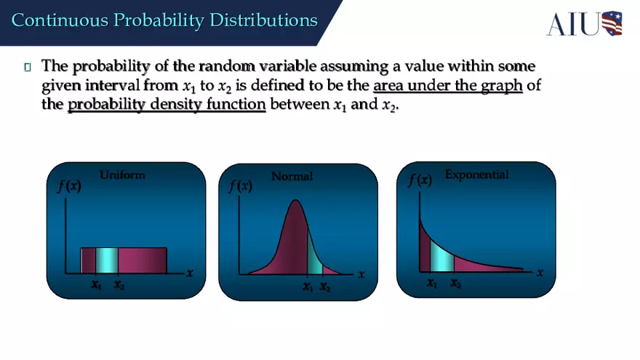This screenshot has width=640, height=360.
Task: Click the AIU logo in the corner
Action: point(585,23)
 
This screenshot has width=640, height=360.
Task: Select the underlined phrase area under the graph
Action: point(447,86)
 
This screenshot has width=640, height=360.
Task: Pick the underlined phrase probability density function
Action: point(167,105)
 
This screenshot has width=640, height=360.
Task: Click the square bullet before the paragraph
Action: point(28,68)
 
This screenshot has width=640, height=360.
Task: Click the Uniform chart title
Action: point(122,175)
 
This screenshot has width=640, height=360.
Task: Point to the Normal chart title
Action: point(292,177)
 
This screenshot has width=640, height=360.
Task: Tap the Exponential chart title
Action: point(476,175)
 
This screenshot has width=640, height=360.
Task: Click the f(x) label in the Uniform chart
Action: point(68,186)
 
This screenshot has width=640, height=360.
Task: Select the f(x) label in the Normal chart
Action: point(240,187)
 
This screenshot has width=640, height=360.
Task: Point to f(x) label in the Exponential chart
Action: point(419,180)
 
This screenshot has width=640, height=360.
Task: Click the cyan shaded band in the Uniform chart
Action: point(107,260)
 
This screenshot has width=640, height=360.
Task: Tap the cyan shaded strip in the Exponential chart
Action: point(441,257)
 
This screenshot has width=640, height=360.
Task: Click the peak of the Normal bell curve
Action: point(295,201)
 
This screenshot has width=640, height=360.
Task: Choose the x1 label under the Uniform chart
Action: point(96,286)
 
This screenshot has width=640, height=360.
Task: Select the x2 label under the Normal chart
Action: point(325,288)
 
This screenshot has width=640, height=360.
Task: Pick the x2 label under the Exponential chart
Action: point(455,284)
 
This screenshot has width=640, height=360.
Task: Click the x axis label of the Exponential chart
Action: point(540,273)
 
